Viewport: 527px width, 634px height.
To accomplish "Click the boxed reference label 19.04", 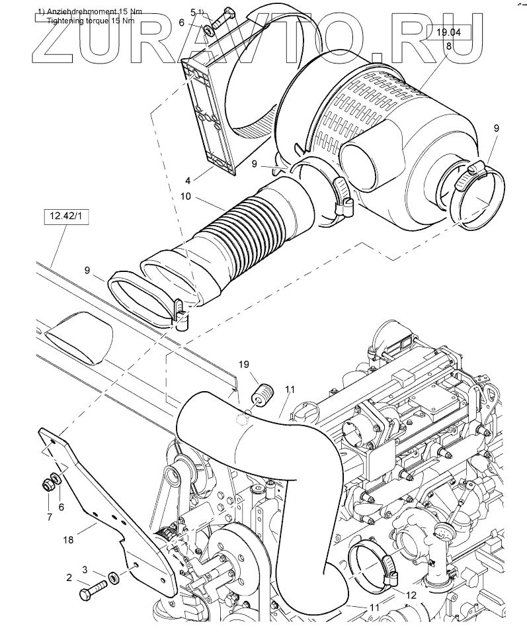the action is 448,32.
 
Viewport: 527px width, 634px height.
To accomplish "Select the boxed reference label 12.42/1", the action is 66,216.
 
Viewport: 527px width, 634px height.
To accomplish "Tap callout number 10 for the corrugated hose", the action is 186,197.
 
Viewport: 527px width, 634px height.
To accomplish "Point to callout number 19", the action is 244,364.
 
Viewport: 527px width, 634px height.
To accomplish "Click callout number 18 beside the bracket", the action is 68,539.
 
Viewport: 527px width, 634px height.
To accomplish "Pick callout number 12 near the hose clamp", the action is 411,596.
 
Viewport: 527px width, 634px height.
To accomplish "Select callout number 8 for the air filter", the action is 448,46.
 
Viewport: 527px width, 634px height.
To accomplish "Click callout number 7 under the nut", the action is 50,517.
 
